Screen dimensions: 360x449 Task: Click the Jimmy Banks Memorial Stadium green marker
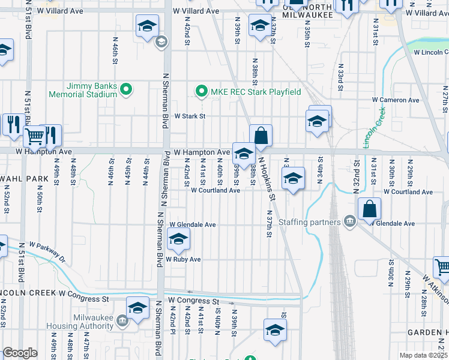[126, 90]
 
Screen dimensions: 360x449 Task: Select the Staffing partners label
[317, 222]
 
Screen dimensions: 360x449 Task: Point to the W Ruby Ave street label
[183, 259]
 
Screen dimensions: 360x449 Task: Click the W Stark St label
[190, 116]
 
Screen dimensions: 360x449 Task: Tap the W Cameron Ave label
[394, 100]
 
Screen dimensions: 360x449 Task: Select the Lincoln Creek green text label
[373, 127]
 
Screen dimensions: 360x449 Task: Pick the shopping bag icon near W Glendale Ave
[369, 209]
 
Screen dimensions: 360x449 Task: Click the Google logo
[20, 353]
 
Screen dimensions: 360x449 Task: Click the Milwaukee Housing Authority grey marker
[122, 320]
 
